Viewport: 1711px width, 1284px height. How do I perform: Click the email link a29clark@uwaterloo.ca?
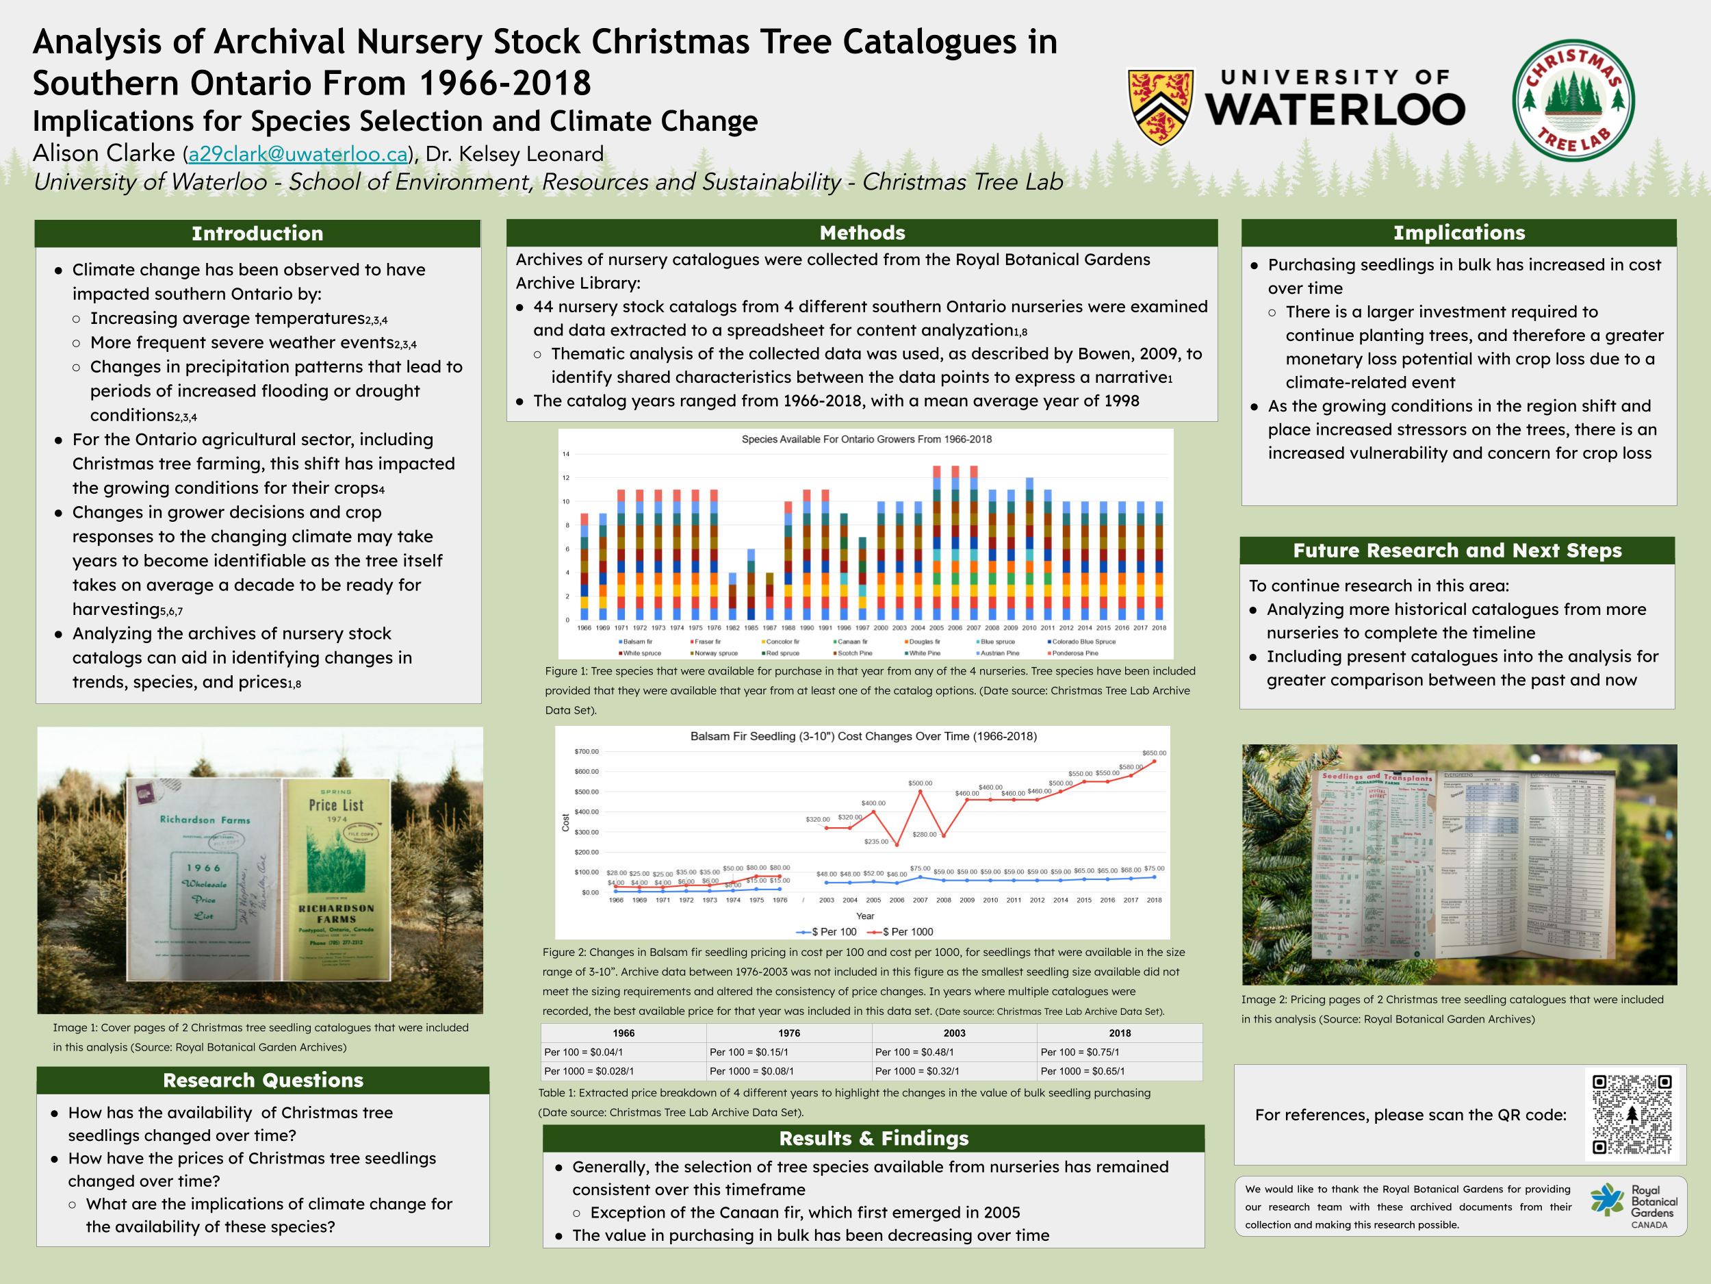298,154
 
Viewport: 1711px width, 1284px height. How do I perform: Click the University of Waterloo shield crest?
1160,107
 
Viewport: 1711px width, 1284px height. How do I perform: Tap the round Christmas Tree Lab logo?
1573,101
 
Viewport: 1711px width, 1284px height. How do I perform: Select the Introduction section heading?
257,233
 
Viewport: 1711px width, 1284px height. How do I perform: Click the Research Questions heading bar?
263,1080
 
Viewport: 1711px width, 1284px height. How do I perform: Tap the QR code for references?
1632,1113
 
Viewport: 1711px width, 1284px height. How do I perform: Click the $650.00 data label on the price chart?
1153,753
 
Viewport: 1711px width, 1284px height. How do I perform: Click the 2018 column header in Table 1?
1119,1033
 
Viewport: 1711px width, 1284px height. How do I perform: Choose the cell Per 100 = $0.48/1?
914,1052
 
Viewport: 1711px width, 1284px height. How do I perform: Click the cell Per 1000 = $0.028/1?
589,1071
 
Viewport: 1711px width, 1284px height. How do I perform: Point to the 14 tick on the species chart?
566,454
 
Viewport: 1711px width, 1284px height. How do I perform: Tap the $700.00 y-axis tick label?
587,751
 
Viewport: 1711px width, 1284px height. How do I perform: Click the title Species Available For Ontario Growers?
866,439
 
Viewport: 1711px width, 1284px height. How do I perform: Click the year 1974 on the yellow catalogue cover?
337,819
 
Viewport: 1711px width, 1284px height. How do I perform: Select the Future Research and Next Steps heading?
1456,551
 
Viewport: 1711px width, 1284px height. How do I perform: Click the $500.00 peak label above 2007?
920,783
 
